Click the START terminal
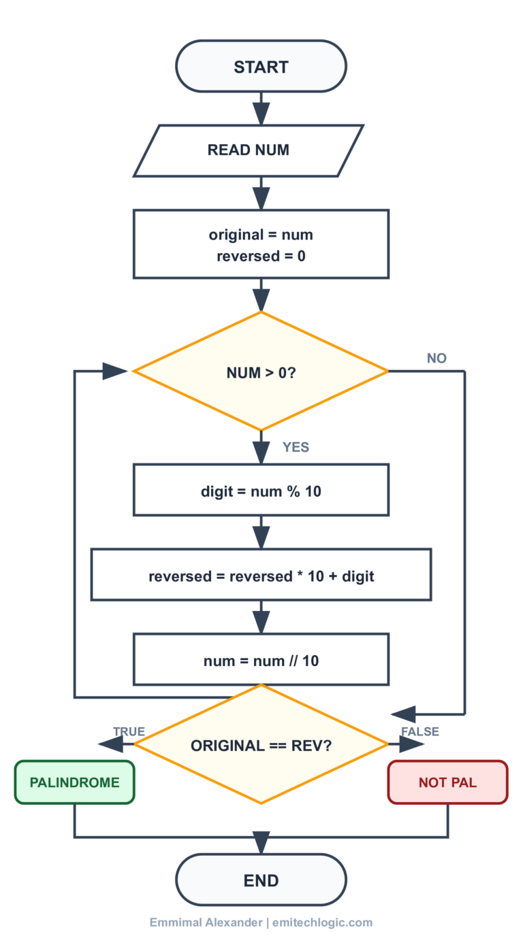pos(261,67)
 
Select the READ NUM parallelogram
pos(249,150)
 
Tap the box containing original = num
pos(261,244)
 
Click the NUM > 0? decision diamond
pos(261,372)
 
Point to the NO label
pos(437,359)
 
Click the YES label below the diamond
pos(296,447)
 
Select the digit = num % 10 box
pos(261,491)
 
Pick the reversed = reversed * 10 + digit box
pos(261,576)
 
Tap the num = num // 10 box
pos(261,660)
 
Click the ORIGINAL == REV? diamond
pos(261,745)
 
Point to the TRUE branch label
pos(129,731)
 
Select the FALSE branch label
pos(419,731)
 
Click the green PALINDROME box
pos(74,782)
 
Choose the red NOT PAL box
pos(447,782)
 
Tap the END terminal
pos(261,880)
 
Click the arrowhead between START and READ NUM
pos(261,113)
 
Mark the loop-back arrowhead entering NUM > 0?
pos(115,371)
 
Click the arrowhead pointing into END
pos(261,843)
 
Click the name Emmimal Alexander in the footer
pos(206,923)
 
